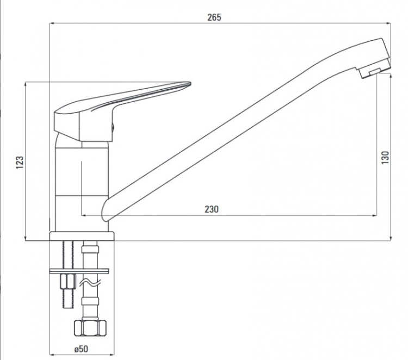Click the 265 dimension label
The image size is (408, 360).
214,17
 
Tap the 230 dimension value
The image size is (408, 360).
212,209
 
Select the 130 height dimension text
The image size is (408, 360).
385,157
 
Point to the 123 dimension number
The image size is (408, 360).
20,163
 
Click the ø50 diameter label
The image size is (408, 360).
81,349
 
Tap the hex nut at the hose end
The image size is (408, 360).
90,328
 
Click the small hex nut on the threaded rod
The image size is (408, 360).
68,281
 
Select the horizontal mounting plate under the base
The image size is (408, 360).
79,271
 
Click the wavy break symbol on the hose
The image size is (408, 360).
90,283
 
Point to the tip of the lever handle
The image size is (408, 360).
190,84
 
